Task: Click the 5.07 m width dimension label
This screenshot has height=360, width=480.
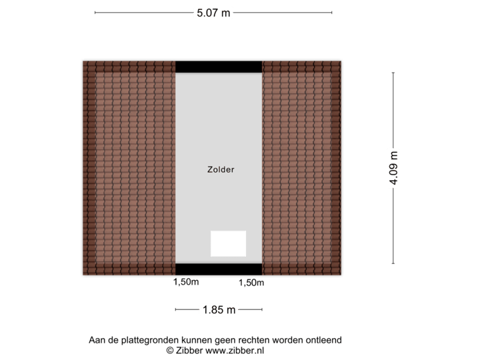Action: point(213,13)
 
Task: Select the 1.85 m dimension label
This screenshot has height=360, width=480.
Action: point(219,309)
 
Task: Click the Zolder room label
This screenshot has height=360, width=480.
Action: point(220,169)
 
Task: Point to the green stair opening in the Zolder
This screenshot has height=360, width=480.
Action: point(228,243)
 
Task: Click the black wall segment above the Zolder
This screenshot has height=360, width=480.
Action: point(219,65)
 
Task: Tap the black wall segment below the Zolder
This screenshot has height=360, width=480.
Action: point(219,269)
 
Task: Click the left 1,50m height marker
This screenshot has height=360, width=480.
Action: point(186,282)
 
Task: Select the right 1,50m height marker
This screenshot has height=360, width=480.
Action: point(251,283)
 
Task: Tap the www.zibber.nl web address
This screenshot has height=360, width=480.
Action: point(235,349)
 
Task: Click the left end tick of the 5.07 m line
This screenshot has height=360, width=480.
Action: point(95,13)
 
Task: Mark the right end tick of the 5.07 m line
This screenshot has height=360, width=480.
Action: point(332,13)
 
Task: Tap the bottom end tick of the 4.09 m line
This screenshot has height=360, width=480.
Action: point(393,263)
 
